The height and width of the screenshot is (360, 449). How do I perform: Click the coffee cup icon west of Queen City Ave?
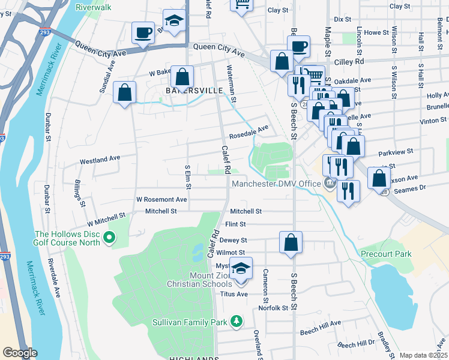pyautogui.click(x=143, y=33)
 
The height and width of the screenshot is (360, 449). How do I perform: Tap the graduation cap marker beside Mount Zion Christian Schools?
pyautogui.click(x=241, y=268)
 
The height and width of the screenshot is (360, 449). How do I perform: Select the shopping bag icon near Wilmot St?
pyautogui.click(x=291, y=242)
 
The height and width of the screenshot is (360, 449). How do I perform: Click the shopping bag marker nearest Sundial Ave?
pyautogui.click(x=124, y=93)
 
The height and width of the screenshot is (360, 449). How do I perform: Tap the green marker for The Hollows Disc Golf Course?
pyautogui.click(x=109, y=239)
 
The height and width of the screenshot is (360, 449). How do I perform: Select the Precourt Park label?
pyautogui.click(x=386, y=254)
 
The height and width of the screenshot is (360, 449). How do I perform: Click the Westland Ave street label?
pyautogui.click(x=100, y=160)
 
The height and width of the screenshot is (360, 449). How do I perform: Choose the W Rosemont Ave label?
pyautogui.click(x=162, y=199)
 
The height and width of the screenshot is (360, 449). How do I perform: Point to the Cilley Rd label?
pyautogui.click(x=368, y=61)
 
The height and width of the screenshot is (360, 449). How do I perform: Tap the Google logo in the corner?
pyautogui.click(x=20, y=353)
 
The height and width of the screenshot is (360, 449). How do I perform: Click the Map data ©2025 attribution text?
pyautogui.click(x=423, y=355)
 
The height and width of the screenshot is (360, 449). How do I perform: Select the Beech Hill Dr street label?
pyautogui.click(x=356, y=345)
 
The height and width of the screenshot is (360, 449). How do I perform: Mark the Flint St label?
pyautogui.click(x=235, y=224)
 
